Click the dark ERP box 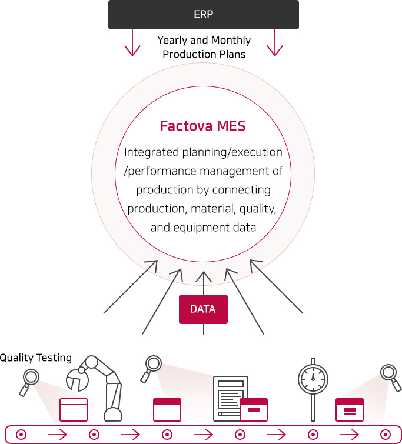click(x=203, y=15)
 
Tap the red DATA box click(x=203, y=309)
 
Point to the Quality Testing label click(x=36, y=358)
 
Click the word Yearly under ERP click(x=173, y=41)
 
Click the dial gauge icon click(x=313, y=378)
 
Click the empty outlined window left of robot click(x=74, y=409)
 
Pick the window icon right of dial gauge click(x=349, y=409)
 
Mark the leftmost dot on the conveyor click(x=21, y=435)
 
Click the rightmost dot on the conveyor click(x=385, y=435)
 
